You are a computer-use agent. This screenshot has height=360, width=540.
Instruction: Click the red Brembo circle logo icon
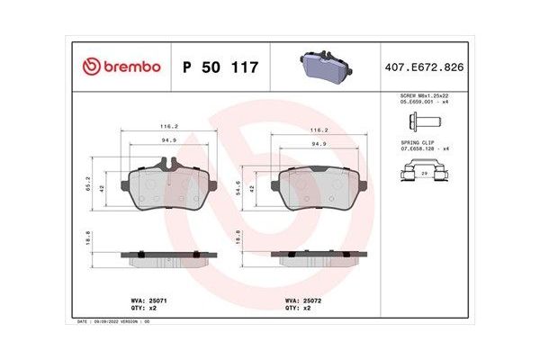click(x=91, y=67)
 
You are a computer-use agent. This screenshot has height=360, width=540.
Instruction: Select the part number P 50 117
click(x=220, y=67)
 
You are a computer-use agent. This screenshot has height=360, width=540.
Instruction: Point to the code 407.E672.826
click(x=424, y=67)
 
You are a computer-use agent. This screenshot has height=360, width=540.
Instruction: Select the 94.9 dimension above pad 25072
click(x=319, y=143)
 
